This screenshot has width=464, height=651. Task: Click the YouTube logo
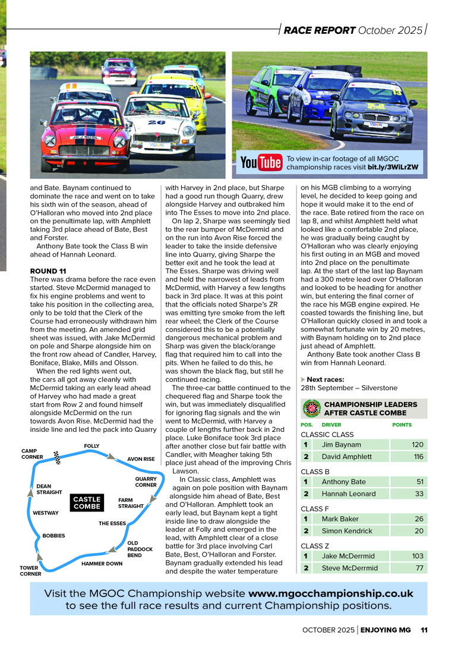click(261, 162)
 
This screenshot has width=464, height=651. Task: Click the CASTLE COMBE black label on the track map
click(87, 503)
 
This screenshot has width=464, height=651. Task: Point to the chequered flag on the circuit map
click(58, 457)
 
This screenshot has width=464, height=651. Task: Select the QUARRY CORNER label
click(146, 482)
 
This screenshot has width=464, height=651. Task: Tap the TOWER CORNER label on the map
click(30, 571)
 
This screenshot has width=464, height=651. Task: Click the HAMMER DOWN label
click(102, 563)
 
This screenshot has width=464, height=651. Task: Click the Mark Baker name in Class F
click(340, 519)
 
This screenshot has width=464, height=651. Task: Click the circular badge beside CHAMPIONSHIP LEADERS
click(311, 409)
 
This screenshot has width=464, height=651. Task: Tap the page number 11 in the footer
click(424, 630)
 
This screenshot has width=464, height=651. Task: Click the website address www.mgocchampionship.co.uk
click(330, 593)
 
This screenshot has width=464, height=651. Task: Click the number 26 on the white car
click(156, 122)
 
